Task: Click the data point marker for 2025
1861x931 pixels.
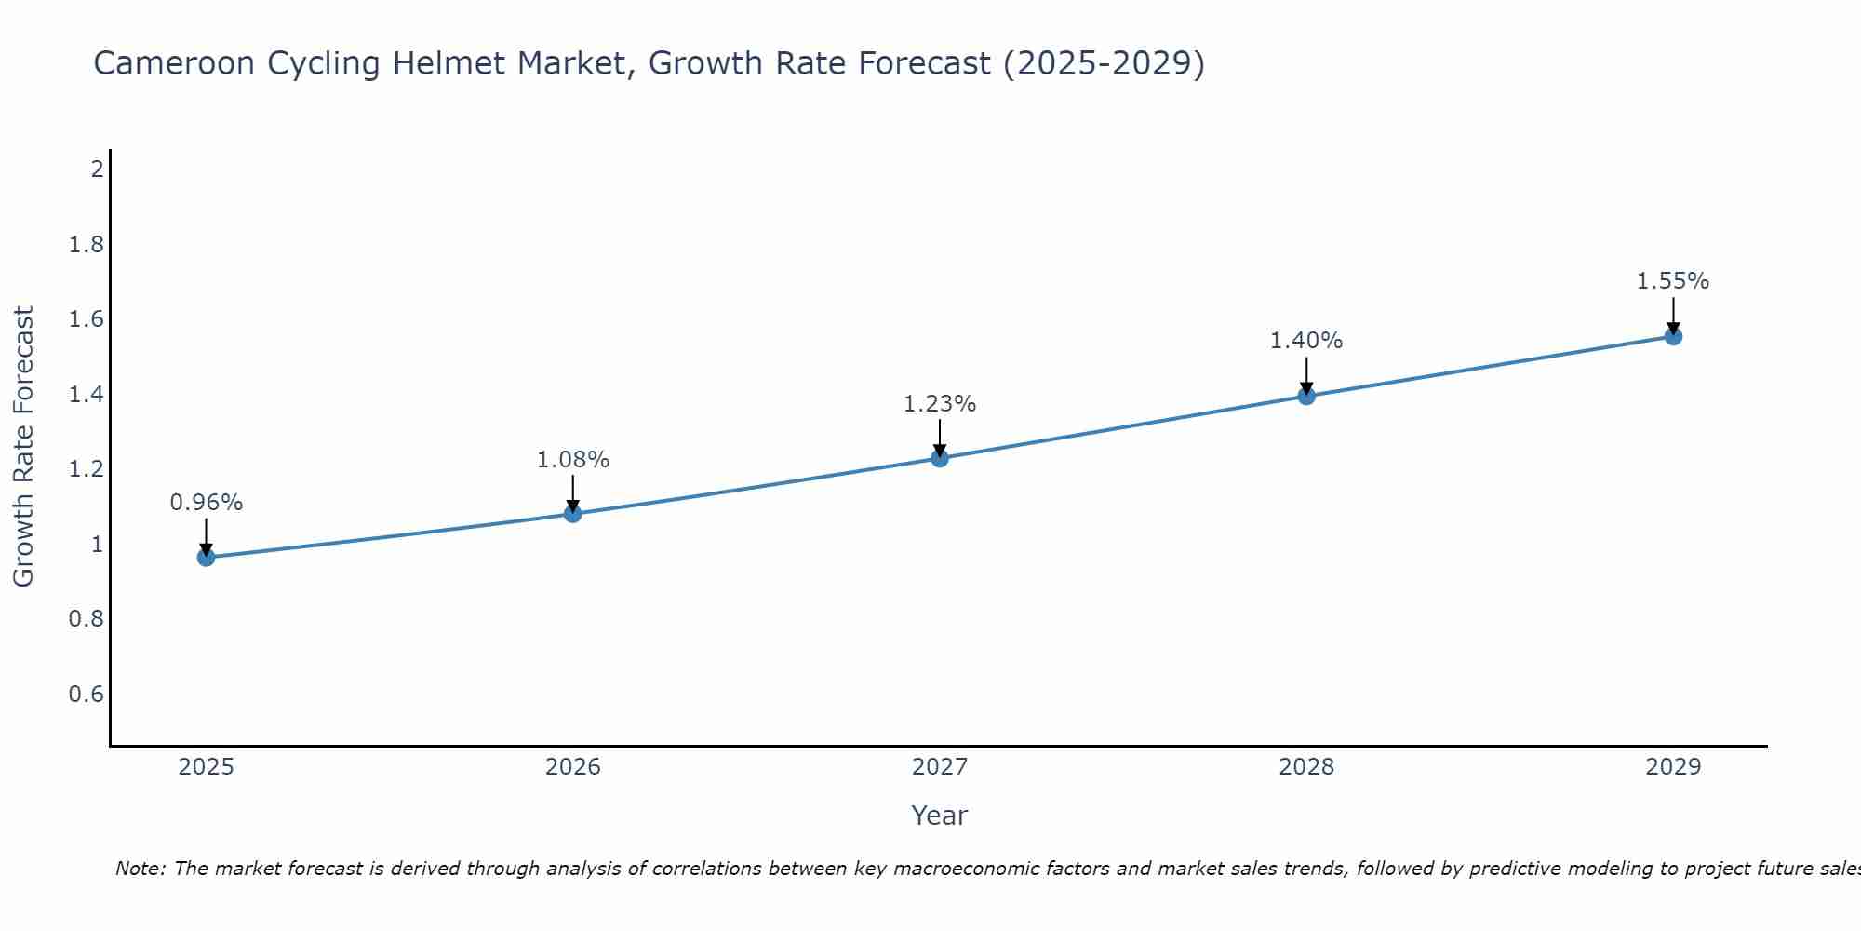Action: point(207,558)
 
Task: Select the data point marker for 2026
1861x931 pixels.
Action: point(573,514)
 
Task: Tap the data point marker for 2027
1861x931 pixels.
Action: point(940,458)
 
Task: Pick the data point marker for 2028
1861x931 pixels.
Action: point(1306,396)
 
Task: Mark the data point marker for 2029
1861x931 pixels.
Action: point(1673,336)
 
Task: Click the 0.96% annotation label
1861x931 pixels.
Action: point(207,503)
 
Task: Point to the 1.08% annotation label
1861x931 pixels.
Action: point(573,460)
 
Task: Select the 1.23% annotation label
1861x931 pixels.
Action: point(940,404)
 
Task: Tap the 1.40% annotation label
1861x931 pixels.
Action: point(1306,341)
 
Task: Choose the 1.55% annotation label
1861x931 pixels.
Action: point(1673,281)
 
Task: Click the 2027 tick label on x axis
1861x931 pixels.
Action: point(940,767)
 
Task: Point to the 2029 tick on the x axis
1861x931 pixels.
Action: point(1673,767)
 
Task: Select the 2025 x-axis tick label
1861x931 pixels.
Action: point(207,767)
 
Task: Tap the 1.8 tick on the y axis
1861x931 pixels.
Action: point(87,245)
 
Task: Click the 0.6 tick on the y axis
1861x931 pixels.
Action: point(87,695)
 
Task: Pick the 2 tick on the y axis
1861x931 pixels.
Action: point(97,169)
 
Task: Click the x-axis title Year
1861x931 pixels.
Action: point(940,816)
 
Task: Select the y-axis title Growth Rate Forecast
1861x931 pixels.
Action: point(23,447)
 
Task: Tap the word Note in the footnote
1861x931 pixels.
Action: point(140,869)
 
